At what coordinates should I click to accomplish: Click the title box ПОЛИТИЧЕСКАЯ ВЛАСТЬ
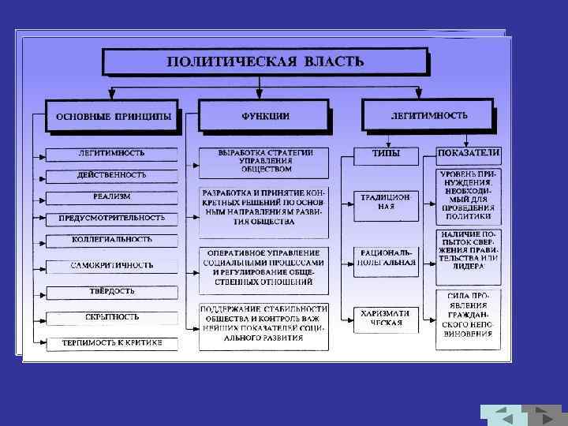pos(265,62)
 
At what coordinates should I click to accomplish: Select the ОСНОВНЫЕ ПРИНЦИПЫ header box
pos(112,115)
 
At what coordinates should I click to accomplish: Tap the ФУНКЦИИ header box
pos(264,115)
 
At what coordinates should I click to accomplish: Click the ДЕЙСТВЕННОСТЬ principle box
pos(111,174)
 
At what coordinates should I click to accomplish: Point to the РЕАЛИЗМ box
pos(111,196)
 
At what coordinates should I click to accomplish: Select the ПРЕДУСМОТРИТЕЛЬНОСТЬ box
pos(111,217)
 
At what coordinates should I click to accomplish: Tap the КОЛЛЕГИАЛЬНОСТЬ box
pos(111,239)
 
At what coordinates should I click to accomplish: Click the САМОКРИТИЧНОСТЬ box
pos(111,265)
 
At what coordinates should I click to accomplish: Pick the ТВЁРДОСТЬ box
pos(111,292)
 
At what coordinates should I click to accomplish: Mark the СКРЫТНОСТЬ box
pos(111,317)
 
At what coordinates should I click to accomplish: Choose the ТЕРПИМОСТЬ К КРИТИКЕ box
pos(111,343)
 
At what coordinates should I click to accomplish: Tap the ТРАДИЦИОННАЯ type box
pos(385,202)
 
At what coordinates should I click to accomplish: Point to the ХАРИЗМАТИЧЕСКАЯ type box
pos(385,318)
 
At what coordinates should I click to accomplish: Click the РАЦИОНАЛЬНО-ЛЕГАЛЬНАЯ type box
pos(385,260)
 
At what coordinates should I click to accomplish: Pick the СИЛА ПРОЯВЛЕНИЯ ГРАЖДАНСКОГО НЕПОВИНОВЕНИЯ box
pos(469,319)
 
